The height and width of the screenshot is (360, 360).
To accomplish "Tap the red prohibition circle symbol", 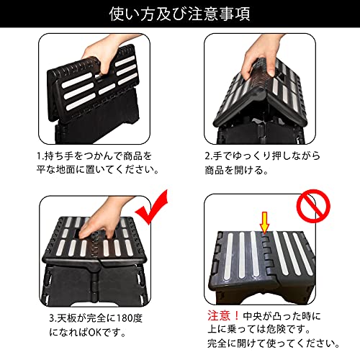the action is pyautogui.click(x=313, y=206).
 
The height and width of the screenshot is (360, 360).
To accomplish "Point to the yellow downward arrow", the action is pyautogui.click(x=265, y=222).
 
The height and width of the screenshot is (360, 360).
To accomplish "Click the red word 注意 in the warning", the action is pyautogui.click(x=219, y=315).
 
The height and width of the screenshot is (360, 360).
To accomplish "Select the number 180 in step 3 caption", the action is pyautogui.click(x=125, y=318).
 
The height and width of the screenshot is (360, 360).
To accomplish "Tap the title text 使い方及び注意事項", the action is pyautogui.click(x=180, y=14).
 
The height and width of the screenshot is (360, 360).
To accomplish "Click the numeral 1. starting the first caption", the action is pyautogui.click(x=40, y=156).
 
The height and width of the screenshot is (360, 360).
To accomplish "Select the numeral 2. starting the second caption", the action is pyautogui.click(x=208, y=156).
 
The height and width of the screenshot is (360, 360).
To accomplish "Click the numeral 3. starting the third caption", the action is pyautogui.click(x=53, y=318).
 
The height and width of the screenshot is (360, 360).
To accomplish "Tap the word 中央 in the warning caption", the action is pyautogui.click(x=253, y=316).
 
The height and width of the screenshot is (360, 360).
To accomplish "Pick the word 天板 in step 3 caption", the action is pyautogui.click(x=66, y=318).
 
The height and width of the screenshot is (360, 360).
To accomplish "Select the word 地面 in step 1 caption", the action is pyautogui.click(x=66, y=170).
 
